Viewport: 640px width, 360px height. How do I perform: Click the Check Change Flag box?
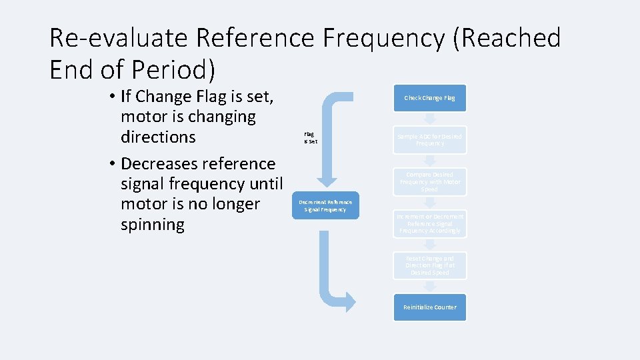429,98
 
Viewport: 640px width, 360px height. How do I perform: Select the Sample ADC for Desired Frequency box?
429,140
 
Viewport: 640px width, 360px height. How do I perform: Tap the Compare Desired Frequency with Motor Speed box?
429,181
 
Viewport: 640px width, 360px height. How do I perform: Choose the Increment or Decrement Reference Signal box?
429,223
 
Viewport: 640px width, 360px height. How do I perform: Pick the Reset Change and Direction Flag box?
429,265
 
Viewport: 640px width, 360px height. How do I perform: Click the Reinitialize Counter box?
429,307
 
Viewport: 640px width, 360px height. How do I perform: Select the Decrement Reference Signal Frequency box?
325,205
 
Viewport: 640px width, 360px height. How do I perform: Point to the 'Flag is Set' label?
310,137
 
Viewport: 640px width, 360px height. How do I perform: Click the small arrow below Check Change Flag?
430,119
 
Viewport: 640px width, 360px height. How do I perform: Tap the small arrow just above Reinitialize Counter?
430,286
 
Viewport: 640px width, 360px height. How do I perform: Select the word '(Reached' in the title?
507,39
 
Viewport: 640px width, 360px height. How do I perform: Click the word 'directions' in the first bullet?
158,137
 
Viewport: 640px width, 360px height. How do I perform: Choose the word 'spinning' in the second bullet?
153,224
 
